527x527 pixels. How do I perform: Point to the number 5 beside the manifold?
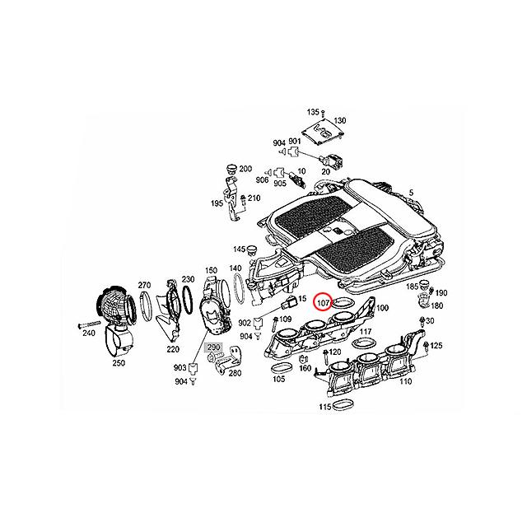411,193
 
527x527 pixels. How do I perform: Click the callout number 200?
246,169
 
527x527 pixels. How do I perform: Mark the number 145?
239,249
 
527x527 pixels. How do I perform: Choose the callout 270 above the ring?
143,283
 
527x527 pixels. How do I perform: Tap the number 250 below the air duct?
120,363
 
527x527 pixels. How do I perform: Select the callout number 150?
211,271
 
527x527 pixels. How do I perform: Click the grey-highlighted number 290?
214,349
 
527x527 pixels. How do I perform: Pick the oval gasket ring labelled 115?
343,403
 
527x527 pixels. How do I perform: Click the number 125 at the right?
436,346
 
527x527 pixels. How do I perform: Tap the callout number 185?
413,287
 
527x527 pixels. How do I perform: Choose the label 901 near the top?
295,142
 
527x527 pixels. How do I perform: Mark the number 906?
262,180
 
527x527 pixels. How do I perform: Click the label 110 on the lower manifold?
405,382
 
